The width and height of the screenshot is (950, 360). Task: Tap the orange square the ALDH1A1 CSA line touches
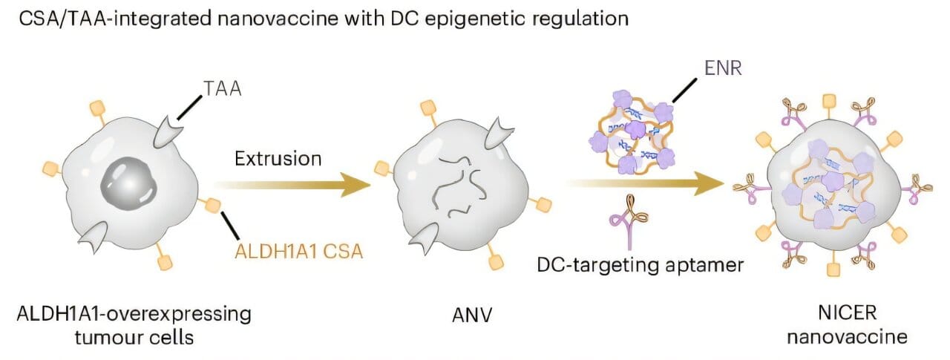coord(214,204)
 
